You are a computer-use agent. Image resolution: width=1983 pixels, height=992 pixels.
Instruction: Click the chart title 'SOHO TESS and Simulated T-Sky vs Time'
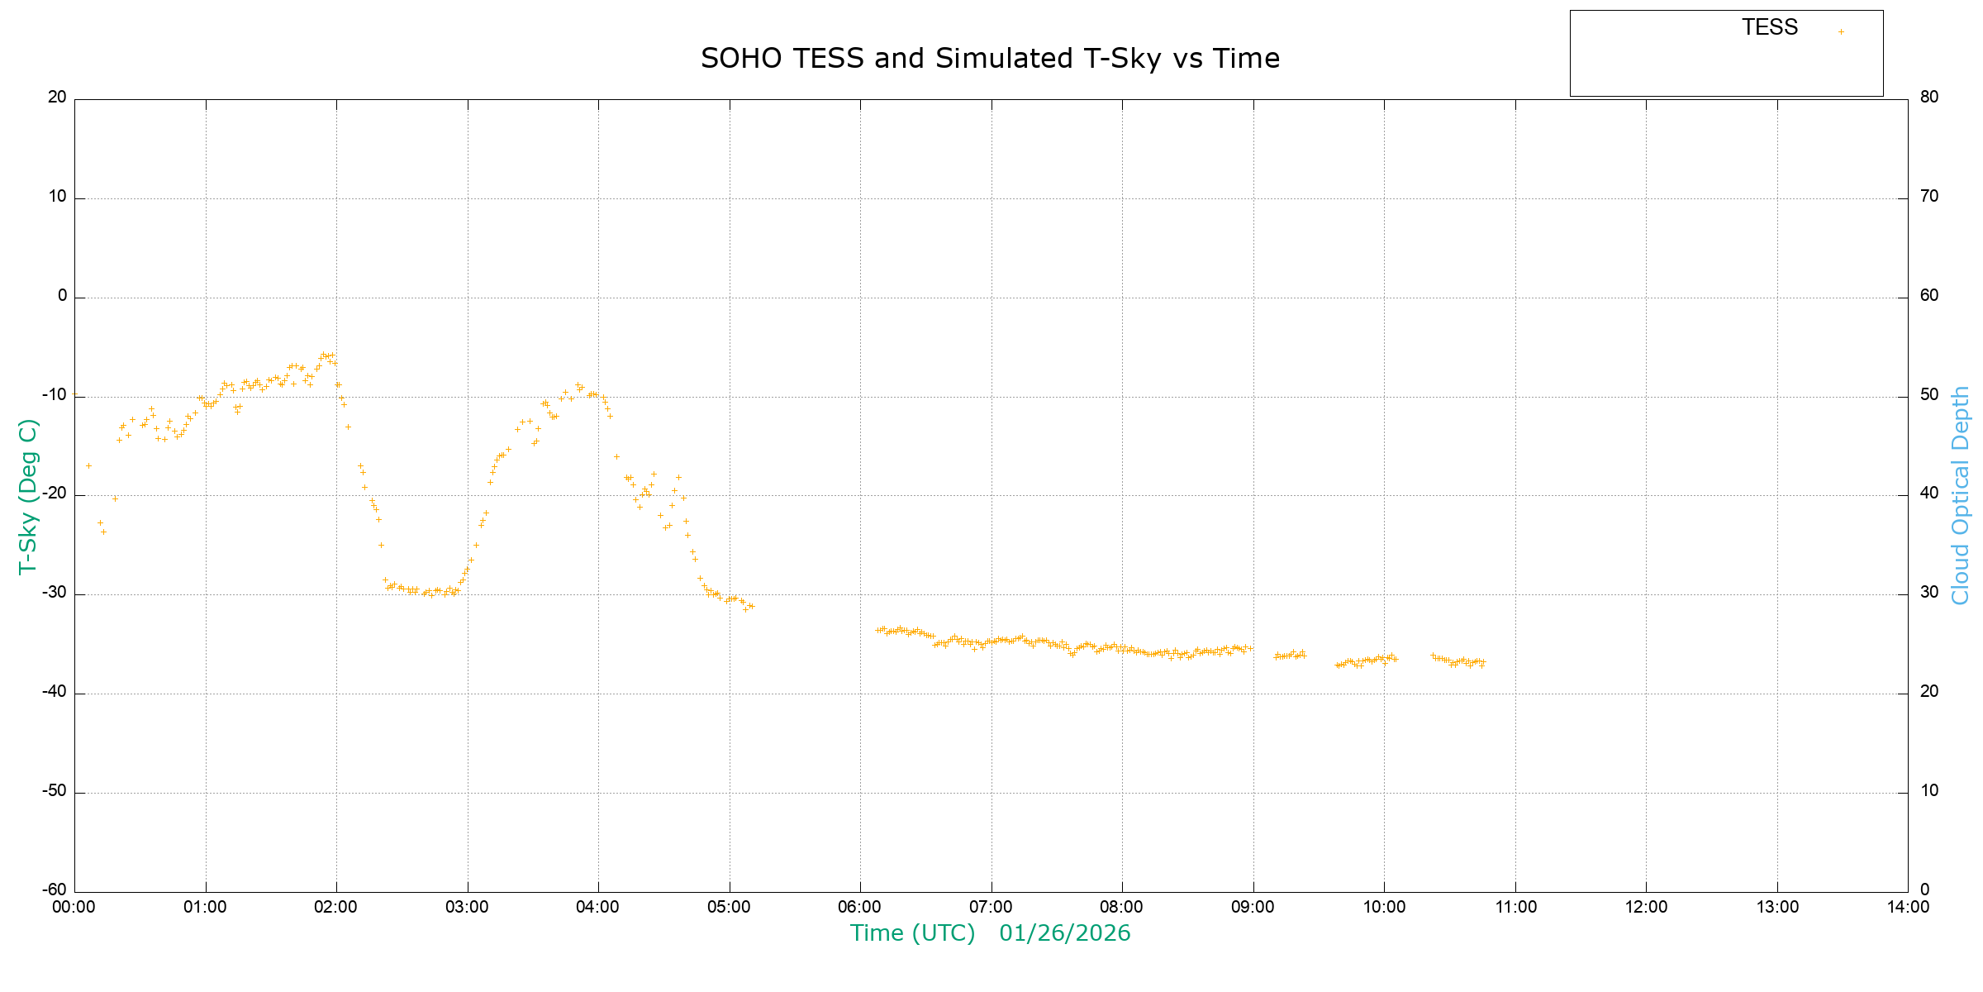990,59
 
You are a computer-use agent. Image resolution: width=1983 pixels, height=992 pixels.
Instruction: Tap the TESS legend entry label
1770,27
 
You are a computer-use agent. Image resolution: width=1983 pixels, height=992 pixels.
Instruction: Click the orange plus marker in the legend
1841,32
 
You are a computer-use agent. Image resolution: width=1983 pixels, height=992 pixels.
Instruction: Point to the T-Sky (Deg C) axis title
28,496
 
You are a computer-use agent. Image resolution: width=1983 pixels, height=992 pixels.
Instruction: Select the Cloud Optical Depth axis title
1960,496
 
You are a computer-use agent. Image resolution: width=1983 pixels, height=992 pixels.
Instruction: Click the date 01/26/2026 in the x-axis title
1064,933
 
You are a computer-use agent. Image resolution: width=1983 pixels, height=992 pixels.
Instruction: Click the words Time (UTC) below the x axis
912,933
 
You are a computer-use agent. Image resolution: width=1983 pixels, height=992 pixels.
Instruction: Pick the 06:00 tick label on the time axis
860,907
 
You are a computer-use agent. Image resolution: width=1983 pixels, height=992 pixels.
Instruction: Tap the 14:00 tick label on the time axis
1908,907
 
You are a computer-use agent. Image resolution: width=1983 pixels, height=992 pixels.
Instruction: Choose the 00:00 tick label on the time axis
74,907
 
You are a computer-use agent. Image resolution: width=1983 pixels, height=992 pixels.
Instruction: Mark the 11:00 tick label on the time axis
1515,907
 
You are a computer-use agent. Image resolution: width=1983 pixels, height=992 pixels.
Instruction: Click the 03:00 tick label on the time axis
468,907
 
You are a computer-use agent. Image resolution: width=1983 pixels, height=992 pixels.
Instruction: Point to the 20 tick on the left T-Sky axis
57,97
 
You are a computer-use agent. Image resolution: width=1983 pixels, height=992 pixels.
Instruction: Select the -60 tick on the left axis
55,889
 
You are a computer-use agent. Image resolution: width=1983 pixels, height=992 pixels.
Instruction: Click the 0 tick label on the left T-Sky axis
62,295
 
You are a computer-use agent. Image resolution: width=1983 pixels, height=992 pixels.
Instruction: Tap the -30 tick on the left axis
55,593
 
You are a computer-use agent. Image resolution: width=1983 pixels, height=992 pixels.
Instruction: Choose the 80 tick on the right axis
1929,97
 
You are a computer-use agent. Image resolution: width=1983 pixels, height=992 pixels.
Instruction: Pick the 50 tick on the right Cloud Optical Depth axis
1929,394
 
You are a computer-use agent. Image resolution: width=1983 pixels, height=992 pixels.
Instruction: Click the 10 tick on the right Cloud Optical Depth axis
1929,790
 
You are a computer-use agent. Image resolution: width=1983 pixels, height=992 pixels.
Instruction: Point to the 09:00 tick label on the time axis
1253,907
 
